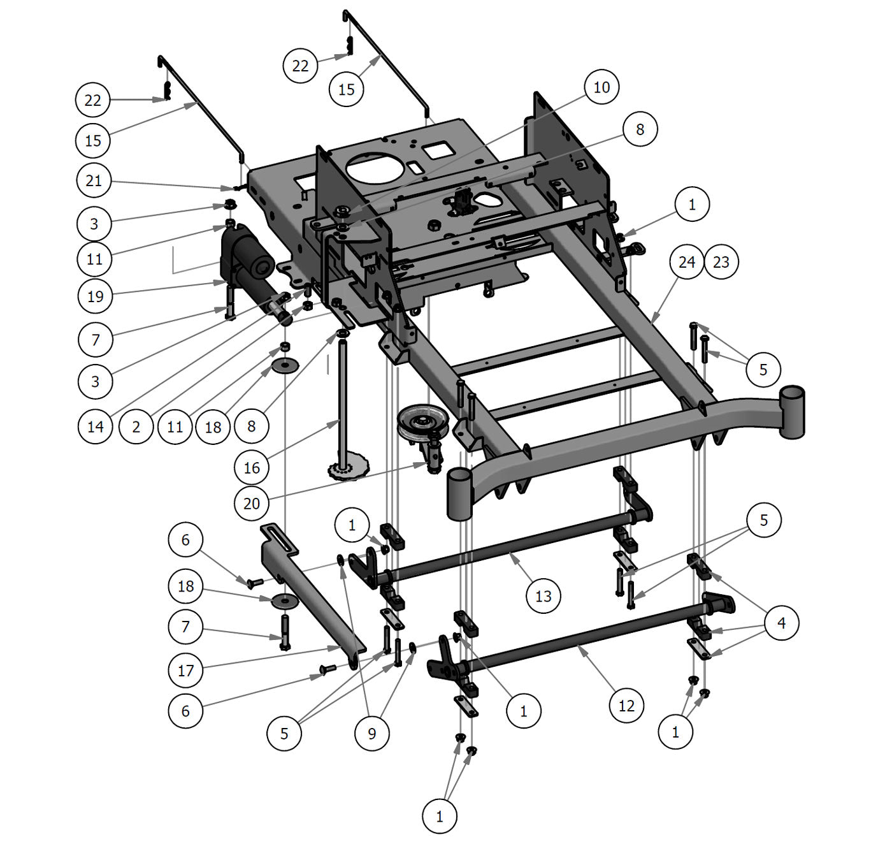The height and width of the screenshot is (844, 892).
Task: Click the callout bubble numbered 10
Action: (x=601, y=87)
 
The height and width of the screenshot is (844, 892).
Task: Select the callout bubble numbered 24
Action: (x=687, y=262)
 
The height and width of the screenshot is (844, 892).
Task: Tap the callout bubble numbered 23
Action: (x=721, y=262)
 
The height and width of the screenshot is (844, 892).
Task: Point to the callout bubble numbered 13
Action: (x=543, y=596)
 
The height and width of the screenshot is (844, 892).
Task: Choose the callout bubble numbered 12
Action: (x=627, y=706)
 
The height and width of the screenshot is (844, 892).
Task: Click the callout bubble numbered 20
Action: (x=252, y=504)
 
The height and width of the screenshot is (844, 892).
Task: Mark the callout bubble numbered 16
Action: (x=252, y=468)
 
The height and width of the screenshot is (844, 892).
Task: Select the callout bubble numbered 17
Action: (x=185, y=671)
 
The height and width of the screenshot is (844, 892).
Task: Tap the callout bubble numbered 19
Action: (x=95, y=296)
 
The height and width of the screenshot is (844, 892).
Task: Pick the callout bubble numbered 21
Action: (x=94, y=181)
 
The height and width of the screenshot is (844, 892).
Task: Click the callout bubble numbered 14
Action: (x=95, y=426)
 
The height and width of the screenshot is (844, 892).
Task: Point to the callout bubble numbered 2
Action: (x=136, y=426)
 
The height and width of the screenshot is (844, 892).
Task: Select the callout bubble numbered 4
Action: (x=782, y=622)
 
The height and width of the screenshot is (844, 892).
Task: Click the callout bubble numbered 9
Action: (x=372, y=734)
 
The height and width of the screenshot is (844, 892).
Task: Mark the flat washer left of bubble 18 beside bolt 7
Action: (x=284, y=600)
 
